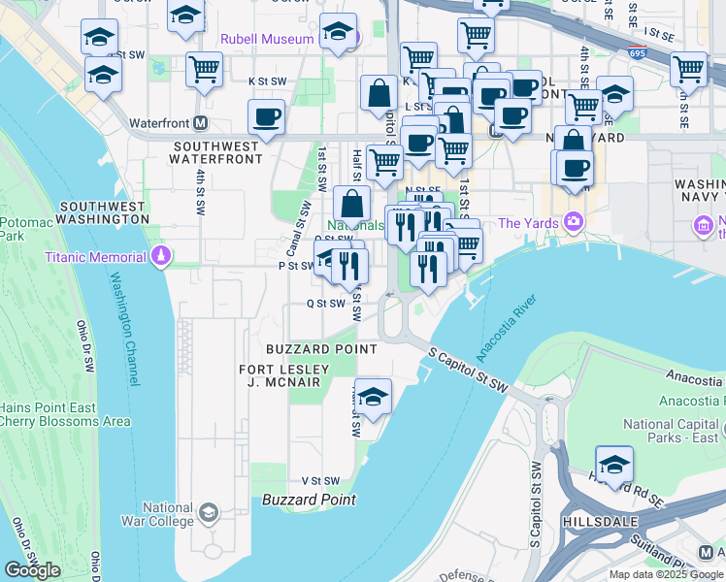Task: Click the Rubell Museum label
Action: tap(267, 39)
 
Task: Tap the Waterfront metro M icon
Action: tap(201, 123)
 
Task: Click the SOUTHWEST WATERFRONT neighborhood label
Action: tap(216, 153)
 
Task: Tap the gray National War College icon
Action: tap(208, 511)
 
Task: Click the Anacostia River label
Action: tap(508, 330)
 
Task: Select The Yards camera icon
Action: tap(574, 223)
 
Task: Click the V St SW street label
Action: tap(320, 480)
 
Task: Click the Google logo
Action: tap(32, 570)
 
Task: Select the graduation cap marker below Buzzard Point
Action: tap(373, 396)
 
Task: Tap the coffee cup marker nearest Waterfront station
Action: tap(266, 117)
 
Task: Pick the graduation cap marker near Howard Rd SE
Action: tap(614, 463)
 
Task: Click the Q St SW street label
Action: tap(326, 304)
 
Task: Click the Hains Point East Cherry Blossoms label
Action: tap(62, 414)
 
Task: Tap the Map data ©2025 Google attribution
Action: tap(666, 574)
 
